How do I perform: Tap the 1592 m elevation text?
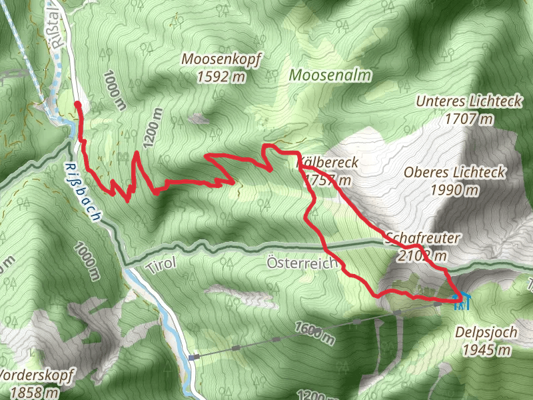[221, 77]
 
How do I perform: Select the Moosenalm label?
[330, 75]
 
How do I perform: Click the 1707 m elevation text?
[471, 119]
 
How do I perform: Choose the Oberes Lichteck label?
[455, 173]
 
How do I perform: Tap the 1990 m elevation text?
[454, 190]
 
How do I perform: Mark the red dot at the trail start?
[78, 105]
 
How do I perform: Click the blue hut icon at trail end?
[461, 301]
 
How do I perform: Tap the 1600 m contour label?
[312, 331]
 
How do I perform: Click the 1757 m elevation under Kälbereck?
[326, 180]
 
